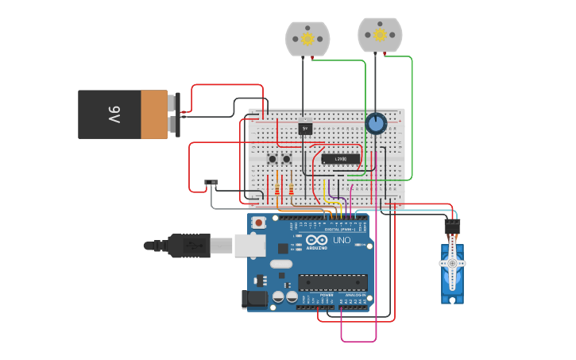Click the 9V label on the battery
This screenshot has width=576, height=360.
(x=114, y=114)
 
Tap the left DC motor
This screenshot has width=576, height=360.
(x=307, y=38)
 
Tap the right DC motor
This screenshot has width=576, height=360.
(x=380, y=34)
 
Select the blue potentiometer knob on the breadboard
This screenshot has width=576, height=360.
(x=376, y=124)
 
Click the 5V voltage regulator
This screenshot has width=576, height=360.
(x=305, y=127)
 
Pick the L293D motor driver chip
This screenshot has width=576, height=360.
(x=340, y=159)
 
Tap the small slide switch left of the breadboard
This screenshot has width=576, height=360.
(x=211, y=184)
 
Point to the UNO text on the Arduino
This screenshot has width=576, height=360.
(x=342, y=240)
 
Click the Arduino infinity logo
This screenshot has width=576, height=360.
(x=317, y=241)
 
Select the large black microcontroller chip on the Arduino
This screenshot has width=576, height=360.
(x=333, y=282)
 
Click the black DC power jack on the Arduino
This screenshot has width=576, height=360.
(x=254, y=299)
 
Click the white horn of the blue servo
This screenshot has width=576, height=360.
(x=452, y=264)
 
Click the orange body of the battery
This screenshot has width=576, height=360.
(x=154, y=114)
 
